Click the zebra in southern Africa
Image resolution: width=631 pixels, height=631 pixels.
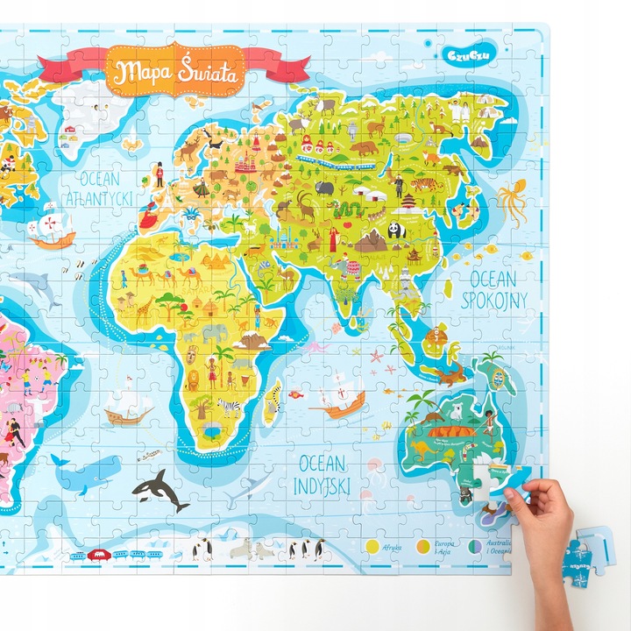(x=230, y=406)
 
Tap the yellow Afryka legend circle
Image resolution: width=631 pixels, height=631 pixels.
(x=372, y=545)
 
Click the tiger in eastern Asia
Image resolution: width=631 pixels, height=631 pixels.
(x=423, y=184)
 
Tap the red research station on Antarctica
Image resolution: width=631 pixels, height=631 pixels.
(x=100, y=553)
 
